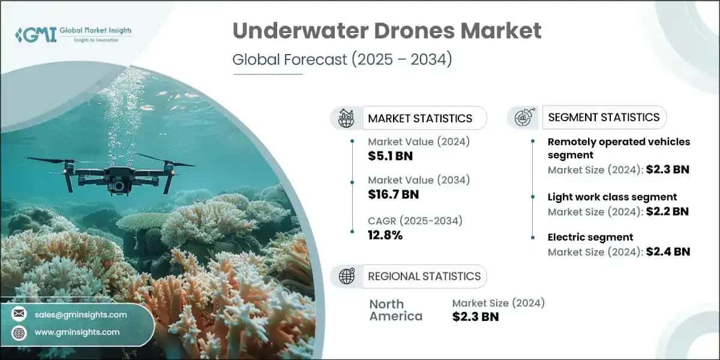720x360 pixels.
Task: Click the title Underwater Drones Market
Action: click(386, 31)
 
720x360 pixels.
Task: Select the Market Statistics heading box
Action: click(420, 118)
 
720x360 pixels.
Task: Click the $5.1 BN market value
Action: click(391, 157)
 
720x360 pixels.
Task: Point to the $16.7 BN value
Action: click(394, 194)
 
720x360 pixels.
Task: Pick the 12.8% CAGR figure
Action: click(385, 235)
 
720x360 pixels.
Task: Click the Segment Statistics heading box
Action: click(602, 117)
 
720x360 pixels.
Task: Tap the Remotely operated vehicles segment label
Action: click(619, 148)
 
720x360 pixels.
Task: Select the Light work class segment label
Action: click(612, 197)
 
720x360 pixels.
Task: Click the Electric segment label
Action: click(590, 237)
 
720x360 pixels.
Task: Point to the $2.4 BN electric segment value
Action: click(668, 251)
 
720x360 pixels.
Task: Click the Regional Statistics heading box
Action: click(424, 276)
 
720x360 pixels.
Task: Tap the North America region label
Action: click(395, 310)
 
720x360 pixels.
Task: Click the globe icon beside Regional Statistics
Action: click(346, 276)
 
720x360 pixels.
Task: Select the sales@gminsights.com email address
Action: click(81, 314)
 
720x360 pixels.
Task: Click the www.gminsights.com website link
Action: click(77, 332)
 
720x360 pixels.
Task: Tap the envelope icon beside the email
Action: click(20, 314)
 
